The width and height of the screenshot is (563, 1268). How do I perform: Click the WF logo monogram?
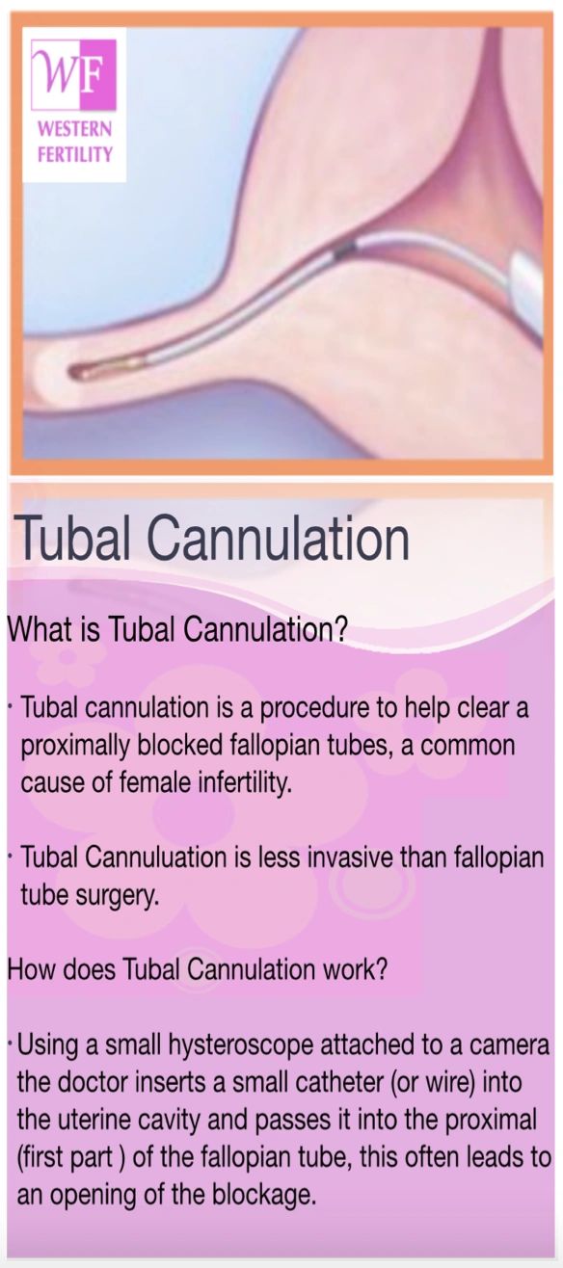coord(73,75)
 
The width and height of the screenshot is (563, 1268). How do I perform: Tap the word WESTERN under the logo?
coord(75,130)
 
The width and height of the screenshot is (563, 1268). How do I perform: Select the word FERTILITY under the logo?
coord(75,154)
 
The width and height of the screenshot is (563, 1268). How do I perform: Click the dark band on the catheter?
coord(344,249)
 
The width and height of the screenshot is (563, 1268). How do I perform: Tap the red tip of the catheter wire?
coord(77,371)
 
